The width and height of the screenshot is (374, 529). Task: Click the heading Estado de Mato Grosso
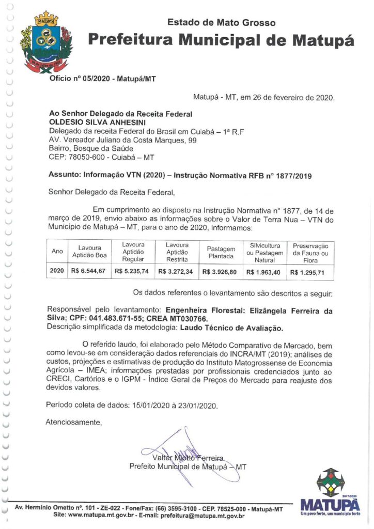(221, 22)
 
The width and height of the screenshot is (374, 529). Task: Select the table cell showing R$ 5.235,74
(132, 272)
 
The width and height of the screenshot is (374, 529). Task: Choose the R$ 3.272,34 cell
(176, 272)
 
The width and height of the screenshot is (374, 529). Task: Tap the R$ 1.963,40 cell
(264, 272)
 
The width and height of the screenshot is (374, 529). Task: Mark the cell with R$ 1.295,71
(309, 272)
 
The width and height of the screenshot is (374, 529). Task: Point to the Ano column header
(57, 252)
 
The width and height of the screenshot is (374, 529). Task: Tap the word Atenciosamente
(74, 422)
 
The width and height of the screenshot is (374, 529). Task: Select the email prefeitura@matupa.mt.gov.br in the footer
(201, 516)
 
